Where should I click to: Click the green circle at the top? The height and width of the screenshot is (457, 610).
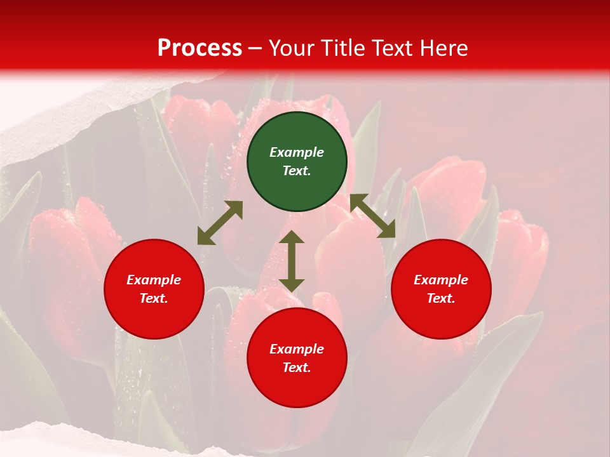coord(297,162)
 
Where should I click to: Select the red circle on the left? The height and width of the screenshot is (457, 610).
coord(154,289)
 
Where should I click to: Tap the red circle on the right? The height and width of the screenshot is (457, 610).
coord(441,289)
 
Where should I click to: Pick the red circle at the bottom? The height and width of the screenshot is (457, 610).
coord(297,359)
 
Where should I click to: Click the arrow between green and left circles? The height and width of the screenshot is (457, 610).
coord(220,223)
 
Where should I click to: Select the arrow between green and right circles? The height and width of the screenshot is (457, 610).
coord(373,216)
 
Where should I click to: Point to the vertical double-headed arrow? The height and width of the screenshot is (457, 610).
coord(292,261)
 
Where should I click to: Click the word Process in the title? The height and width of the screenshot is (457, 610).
coord(200,48)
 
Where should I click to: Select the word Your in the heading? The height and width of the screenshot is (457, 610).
coord(292,48)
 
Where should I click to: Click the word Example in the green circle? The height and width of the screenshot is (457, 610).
coord(297,152)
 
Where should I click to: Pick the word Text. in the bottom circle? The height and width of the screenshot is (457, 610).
coord(297,368)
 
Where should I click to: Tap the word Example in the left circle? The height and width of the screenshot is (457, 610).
coord(154,280)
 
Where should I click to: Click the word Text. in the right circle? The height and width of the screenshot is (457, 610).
coord(441,298)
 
